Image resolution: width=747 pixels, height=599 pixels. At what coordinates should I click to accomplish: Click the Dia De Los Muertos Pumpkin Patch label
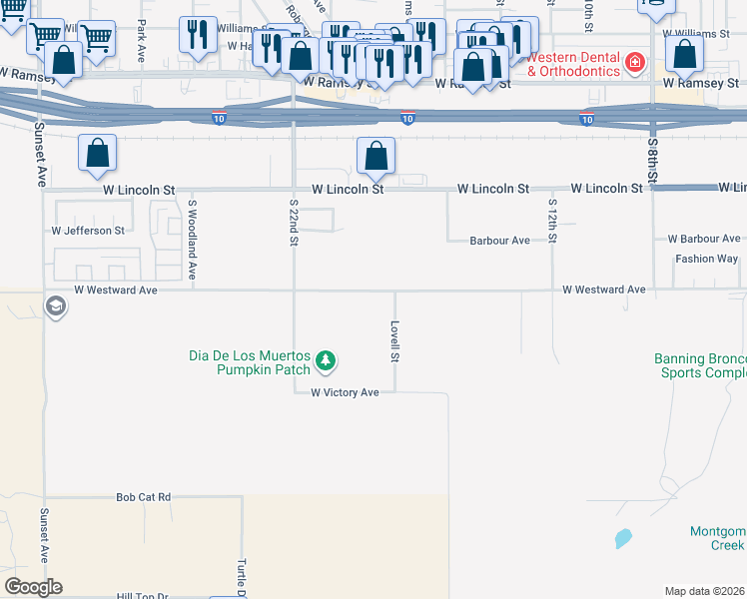pyautogui.click(x=250, y=362)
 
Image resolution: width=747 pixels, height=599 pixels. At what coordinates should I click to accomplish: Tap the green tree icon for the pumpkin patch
pyautogui.click(x=325, y=360)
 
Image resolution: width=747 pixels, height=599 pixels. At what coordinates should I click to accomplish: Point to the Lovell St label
pyautogui.click(x=395, y=341)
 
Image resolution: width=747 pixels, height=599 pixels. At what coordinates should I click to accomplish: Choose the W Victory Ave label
pyautogui.click(x=345, y=393)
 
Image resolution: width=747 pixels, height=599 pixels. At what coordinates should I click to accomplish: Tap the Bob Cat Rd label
pyautogui.click(x=144, y=496)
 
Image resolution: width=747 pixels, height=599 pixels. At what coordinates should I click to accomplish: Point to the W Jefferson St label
pyautogui.click(x=88, y=231)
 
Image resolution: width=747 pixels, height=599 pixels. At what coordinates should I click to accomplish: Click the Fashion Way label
pyautogui.click(x=706, y=259)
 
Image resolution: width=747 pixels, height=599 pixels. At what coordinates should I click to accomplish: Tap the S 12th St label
pyautogui.click(x=551, y=221)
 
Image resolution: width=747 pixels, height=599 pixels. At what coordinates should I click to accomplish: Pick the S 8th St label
pyautogui.click(x=652, y=160)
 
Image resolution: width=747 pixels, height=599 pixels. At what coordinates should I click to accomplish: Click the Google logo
pyautogui.click(x=33, y=587)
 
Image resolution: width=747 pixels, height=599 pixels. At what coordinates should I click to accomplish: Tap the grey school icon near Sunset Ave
pyautogui.click(x=56, y=305)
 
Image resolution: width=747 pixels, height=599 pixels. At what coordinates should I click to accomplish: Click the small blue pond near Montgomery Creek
pyautogui.click(x=623, y=539)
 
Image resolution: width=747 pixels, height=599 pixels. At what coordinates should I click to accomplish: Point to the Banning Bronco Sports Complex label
pyautogui.click(x=699, y=366)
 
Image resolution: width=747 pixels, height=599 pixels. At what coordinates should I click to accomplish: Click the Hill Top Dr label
pyautogui.click(x=143, y=596)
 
